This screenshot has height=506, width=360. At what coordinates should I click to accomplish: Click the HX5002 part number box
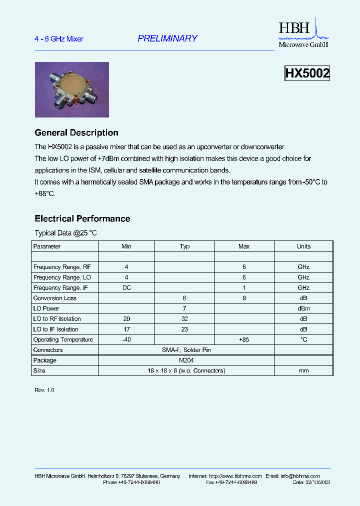(x=307, y=73)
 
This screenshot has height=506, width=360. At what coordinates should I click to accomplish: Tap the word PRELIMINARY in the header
(x=167, y=38)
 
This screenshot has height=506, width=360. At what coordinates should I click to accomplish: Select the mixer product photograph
(x=72, y=89)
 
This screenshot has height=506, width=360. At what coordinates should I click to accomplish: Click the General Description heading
(x=76, y=133)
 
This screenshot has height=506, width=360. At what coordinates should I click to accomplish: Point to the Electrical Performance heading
(x=82, y=219)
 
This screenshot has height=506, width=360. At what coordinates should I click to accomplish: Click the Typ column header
(x=184, y=246)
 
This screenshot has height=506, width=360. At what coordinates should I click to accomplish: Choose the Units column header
(x=303, y=246)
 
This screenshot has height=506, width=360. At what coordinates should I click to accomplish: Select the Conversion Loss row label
(x=55, y=298)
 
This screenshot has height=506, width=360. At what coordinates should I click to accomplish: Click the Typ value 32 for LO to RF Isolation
(x=184, y=319)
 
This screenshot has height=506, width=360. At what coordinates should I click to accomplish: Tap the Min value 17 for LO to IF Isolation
(x=126, y=329)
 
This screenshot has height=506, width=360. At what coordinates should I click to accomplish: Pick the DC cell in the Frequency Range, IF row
(x=126, y=288)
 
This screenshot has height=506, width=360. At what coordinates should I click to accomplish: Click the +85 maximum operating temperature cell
(x=244, y=340)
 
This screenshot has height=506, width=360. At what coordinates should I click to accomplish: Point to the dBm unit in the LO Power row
(x=303, y=309)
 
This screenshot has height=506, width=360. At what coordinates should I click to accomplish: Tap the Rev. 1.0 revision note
(x=44, y=390)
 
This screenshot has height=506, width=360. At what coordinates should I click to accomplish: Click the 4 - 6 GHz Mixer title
(x=59, y=39)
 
